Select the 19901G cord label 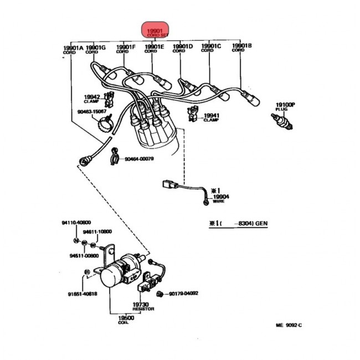pos(96,48)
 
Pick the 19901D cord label pos(182,47)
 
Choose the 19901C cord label pos(211,47)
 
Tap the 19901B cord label pos(241,47)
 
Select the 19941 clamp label pos(212,117)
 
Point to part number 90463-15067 pos(91,111)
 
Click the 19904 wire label pos(221,198)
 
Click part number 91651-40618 pos(83,294)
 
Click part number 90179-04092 pos(183,294)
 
